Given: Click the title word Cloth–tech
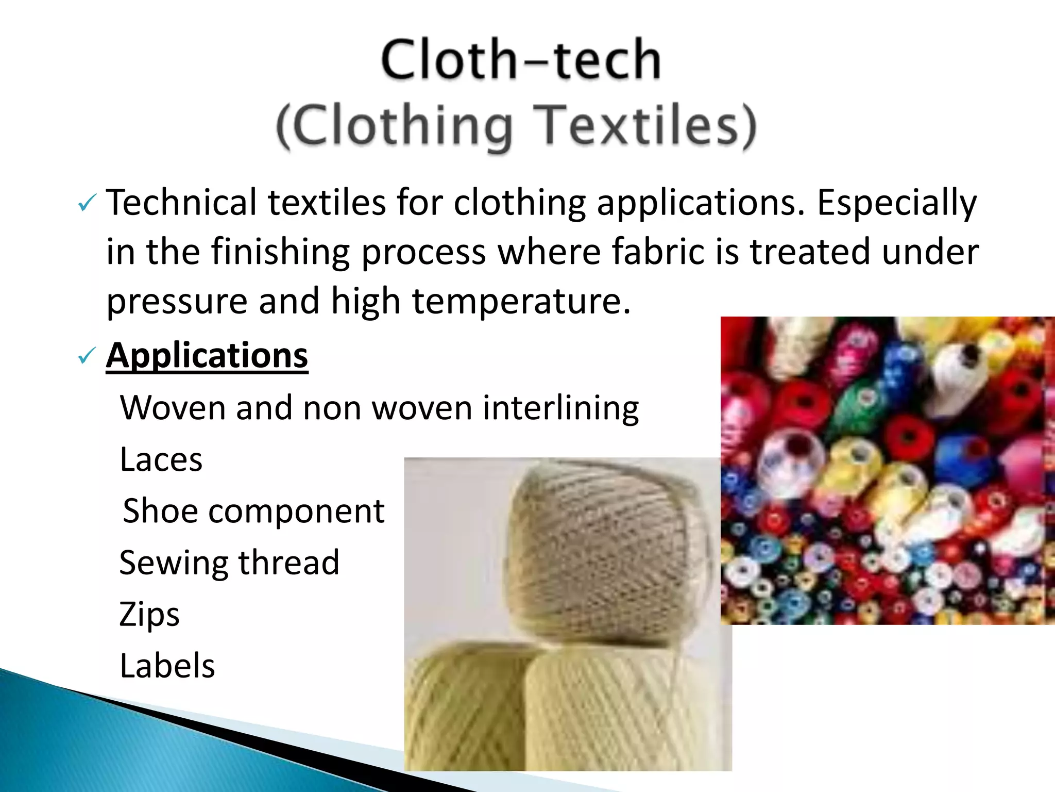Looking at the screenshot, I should pyautogui.click(x=521, y=60).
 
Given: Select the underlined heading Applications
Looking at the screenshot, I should pyautogui.click(x=207, y=355).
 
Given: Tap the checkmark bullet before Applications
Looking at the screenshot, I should pyautogui.click(x=86, y=356).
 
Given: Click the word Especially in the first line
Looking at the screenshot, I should pyautogui.click(x=897, y=203).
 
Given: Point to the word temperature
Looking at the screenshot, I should pyautogui.click(x=521, y=301).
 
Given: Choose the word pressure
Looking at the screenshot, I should pyautogui.click(x=177, y=302).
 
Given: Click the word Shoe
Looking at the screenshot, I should pyautogui.click(x=160, y=511).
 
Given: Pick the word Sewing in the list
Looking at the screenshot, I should pyautogui.click(x=174, y=563).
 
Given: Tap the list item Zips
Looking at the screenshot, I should pyautogui.click(x=149, y=614).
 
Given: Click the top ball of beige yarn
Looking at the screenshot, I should pyautogui.click(x=603, y=547).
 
